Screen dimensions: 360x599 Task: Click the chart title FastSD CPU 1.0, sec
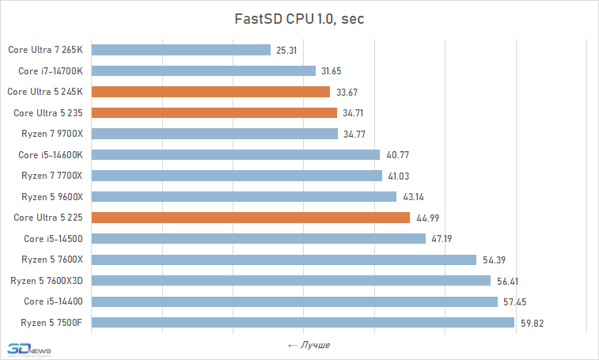click(299, 19)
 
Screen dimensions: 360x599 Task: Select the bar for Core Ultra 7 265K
click(181, 50)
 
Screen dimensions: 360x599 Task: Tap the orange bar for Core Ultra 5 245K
click(210, 92)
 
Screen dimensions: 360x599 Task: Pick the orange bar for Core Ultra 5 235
click(214, 113)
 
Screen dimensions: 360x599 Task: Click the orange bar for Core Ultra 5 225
click(251, 218)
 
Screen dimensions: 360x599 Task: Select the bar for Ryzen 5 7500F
click(303, 322)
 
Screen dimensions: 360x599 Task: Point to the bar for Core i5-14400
click(294, 301)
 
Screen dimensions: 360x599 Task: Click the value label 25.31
click(286, 50)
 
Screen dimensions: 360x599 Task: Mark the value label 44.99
click(426, 218)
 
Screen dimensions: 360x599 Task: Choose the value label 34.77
click(354, 134)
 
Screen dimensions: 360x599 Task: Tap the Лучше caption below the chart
click(309, 345)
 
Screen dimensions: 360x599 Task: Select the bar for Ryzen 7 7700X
click(237, 176)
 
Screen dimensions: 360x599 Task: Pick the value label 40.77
click(396, 155)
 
